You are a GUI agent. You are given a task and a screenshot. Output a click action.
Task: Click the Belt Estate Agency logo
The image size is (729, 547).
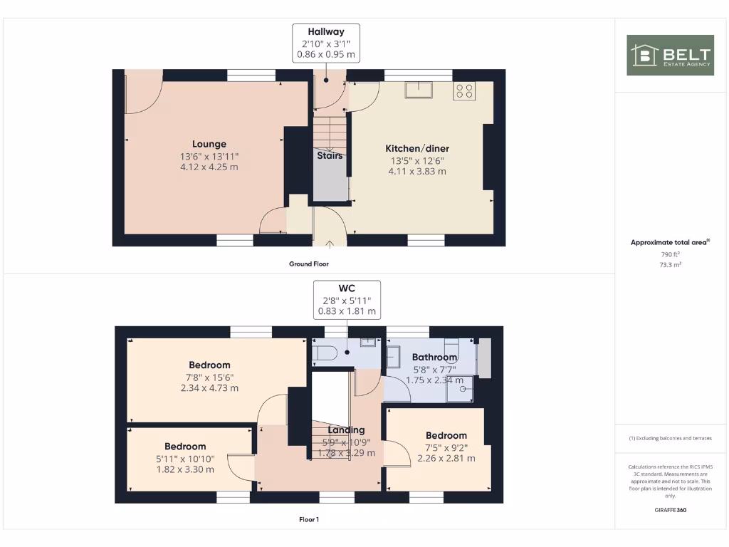pos(670,55)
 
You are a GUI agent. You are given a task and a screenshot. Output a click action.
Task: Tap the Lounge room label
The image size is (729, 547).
pos(209,144)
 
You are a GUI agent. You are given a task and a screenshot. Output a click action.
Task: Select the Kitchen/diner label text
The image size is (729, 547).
pos(417,148)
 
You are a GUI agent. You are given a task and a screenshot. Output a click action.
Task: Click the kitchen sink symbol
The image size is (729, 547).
pos(419,90)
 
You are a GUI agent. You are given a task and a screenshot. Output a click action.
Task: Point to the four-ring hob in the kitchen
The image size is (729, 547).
pos(464,90)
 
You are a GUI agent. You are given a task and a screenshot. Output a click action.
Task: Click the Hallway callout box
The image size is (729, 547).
pos(326,43)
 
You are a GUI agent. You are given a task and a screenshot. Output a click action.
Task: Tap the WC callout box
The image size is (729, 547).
pos(347,300)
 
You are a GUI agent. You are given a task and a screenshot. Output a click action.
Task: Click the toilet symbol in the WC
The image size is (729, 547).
pos(325,353)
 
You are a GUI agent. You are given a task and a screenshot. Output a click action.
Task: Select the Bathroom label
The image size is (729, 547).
pos(434,357)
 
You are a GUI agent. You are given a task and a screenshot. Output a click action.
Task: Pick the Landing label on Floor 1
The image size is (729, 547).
pos(347,429)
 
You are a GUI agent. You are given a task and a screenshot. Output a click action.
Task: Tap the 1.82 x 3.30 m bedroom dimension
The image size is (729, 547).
pos(186,469)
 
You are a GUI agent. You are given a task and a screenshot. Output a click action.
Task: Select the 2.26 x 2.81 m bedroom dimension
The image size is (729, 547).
pos(446,458)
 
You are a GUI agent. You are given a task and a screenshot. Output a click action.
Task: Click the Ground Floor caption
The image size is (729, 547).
pos(309,264)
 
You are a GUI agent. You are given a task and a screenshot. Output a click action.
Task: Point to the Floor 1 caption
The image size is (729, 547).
pos(309,519)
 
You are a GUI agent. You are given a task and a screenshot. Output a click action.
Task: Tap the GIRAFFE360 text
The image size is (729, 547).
pos(670,510)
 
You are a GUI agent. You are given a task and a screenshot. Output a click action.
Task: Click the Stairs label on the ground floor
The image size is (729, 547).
pos(330,155)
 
